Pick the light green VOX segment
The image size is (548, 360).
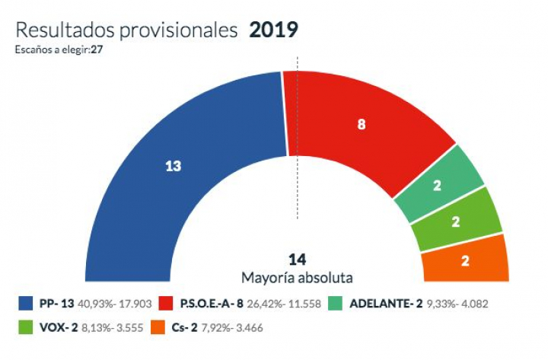pos(455,221)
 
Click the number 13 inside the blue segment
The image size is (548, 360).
pos(173,166)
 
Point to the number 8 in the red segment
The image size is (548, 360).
pos(362,124)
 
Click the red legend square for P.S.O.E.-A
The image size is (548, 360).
pos(165,304)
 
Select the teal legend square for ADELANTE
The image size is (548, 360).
pos(333,304)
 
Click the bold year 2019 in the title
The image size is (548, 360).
pos(273,30)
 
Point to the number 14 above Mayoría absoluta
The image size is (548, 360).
pos(297,260)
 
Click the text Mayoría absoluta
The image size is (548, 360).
pos(297,276)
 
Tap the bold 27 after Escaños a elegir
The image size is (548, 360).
pos(97,49)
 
